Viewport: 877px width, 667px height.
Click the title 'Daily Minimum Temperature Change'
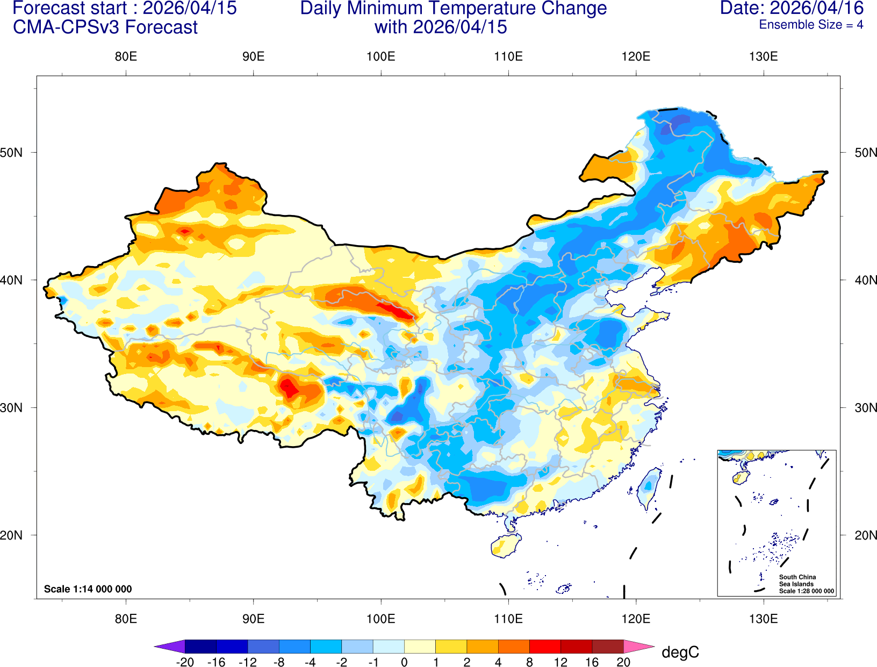click(453, 9)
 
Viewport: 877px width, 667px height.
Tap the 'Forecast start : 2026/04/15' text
click(124, 9)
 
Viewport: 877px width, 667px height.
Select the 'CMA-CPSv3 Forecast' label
click(105, 27)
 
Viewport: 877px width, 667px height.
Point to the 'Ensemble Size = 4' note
click(810, 25)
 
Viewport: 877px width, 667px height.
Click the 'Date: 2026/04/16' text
click(792, 9)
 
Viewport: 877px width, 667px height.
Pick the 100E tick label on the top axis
click(380, 57)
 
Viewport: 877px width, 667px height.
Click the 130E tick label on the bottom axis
click(763, 619)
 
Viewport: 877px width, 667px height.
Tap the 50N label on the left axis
click(12, 153)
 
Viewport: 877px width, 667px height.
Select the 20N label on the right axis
click(865, 535)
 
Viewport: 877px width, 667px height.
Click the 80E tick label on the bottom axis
click(126, 619)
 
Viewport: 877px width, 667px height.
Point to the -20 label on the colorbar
click(185, 662)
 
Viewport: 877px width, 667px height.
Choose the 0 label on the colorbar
click(404, 662)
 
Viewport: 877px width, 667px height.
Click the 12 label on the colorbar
click(560, 662)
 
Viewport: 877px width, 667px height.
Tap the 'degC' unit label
click(680, 652)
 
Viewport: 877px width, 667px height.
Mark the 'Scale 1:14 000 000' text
click(88, 589)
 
